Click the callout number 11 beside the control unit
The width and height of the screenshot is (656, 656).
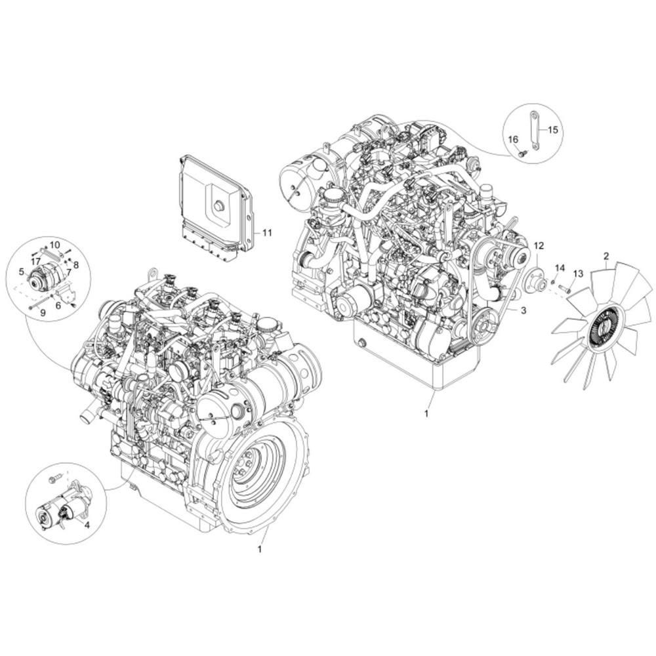tap(267, 232)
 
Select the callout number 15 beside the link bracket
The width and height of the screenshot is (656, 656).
tap(552, 130)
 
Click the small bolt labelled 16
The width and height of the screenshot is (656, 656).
tap(522, 154)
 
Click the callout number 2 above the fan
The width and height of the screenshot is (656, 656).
tap(606, 256)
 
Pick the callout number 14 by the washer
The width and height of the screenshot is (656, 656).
tap(560, 268)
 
